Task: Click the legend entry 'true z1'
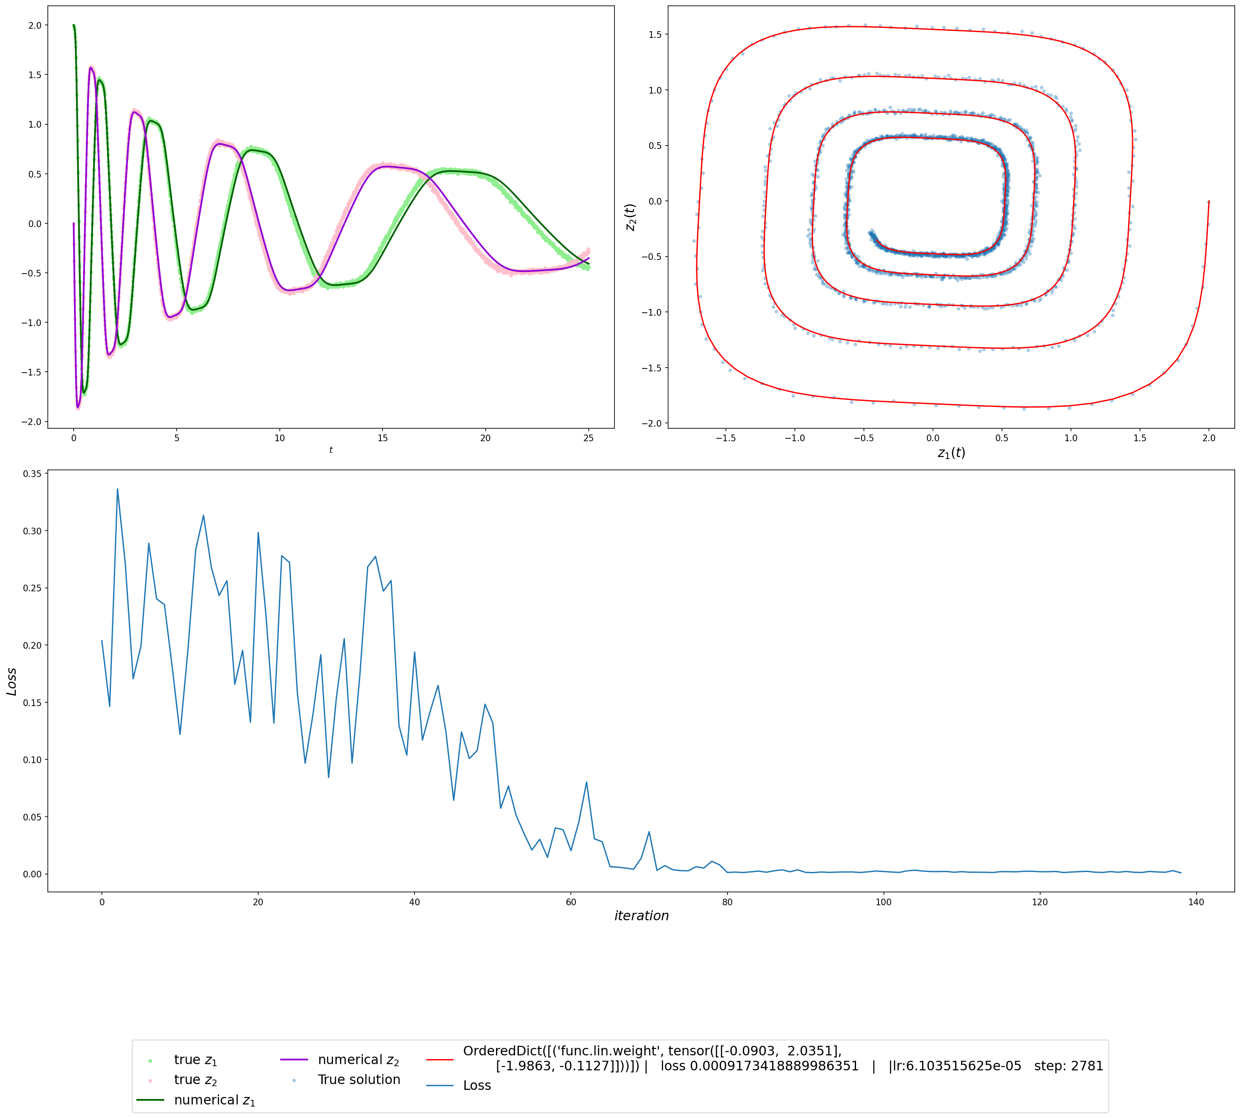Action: coord(195,1060)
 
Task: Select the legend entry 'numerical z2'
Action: coord(358,1060)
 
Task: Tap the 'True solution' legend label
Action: coord(359,1079)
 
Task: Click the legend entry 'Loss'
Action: coord(477,1085)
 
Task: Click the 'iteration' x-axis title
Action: coord(641,916)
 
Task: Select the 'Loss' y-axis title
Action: coord(12,681)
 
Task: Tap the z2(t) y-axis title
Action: coord(630,217)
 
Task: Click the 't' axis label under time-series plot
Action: coord(331,450)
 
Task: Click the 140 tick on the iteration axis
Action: coord(1196,902)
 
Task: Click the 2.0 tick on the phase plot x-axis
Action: coord(1209,438)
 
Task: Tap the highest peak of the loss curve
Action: coord(117,489)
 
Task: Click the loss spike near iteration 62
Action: coord(586,782)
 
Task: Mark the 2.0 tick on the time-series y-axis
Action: coord(35,25)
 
